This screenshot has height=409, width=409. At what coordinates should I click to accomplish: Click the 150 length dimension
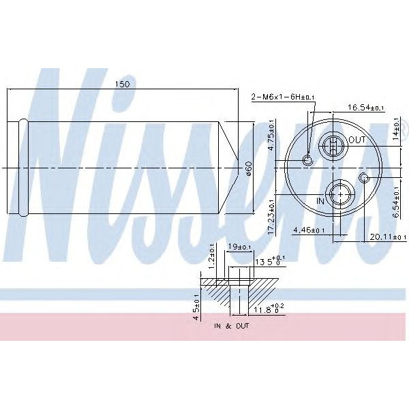(x=122, y=84)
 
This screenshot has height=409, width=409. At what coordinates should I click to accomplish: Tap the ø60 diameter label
(x=249, y=167)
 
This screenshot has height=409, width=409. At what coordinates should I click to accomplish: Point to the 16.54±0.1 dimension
(x=365, y=108)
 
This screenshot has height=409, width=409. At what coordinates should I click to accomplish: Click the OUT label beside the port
(x=357, y=140)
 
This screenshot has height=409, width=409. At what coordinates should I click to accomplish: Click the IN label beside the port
(x=320, y=201)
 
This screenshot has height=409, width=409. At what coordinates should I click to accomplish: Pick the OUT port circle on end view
(x=332, y=144)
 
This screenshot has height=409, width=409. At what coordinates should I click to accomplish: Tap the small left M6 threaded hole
(x=307, y=160)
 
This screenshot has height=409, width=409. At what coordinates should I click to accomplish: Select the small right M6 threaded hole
(x=365, y=179)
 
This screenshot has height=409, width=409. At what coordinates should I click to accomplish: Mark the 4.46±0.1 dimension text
(x=309, y=230)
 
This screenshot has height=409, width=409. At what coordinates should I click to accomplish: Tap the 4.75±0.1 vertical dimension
(x=271, y=134)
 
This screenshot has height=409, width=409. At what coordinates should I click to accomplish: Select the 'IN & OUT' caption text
(x=231, y=327)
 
